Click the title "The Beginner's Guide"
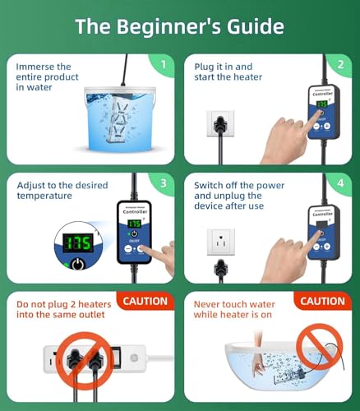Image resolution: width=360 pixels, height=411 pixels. click(179, 26)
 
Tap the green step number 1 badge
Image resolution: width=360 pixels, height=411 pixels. click(163, 63)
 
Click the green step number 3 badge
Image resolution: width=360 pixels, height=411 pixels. click(163, 183)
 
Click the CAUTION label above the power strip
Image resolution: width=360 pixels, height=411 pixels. click(146, 302)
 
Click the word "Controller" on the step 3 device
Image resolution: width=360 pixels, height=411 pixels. click(133, 210)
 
